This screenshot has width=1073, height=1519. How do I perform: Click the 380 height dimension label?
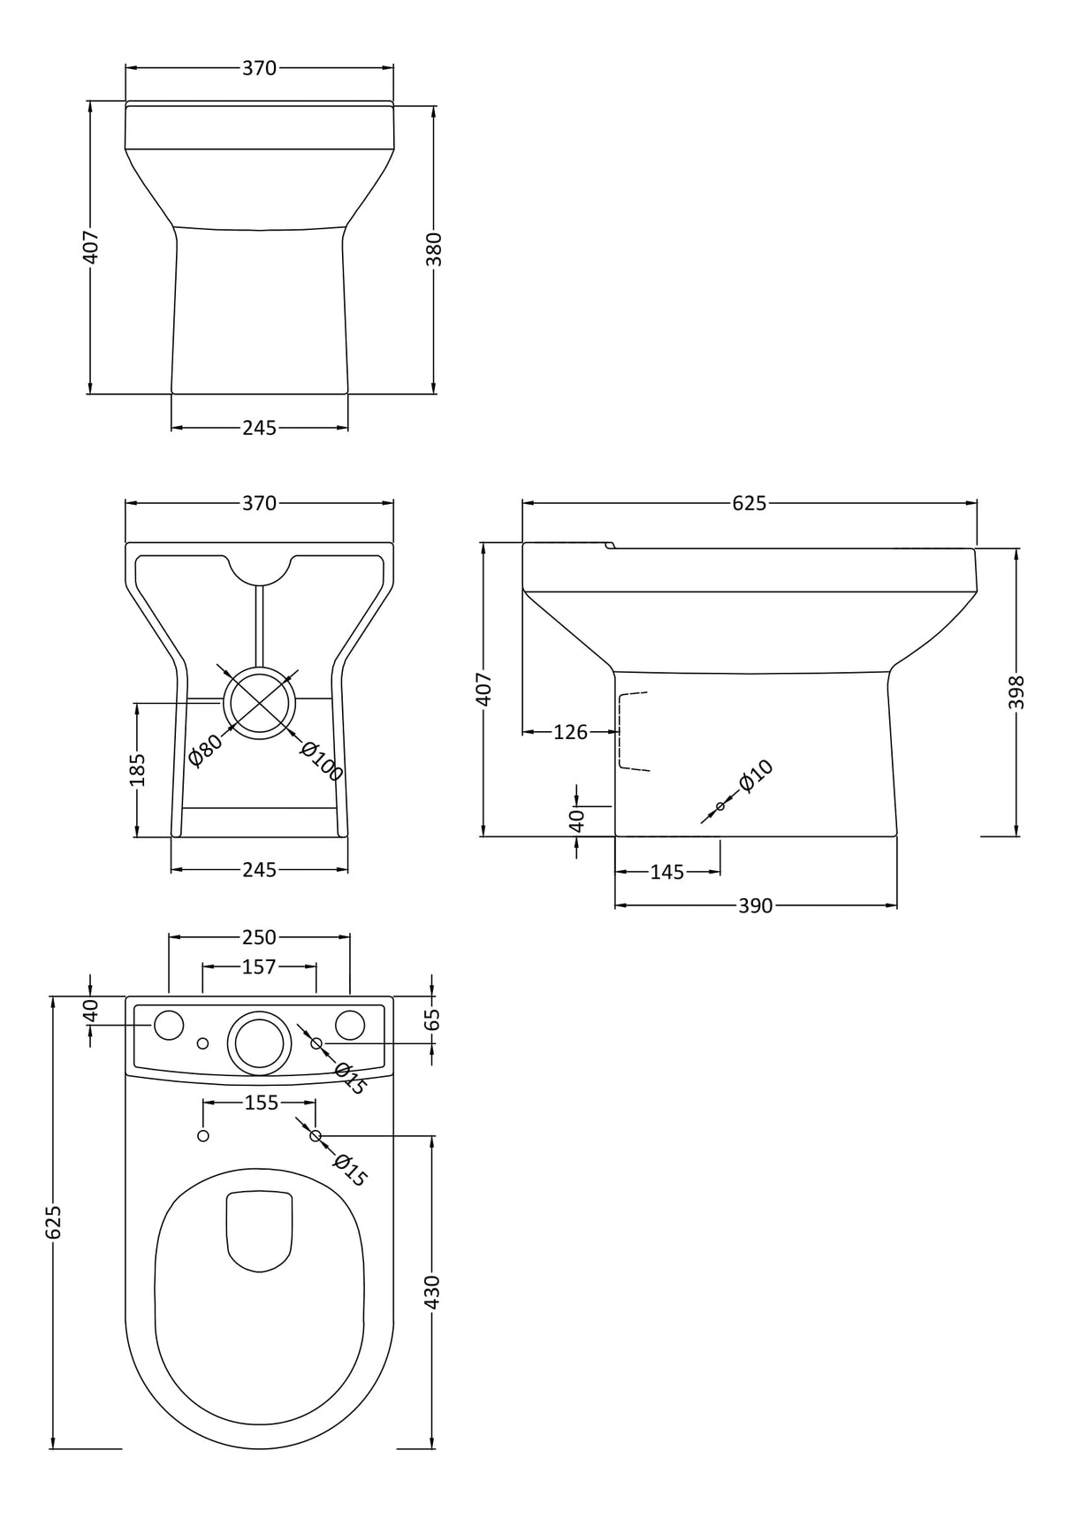(x=433, y=249)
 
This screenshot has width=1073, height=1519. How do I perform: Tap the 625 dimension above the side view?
(x=749, y=503)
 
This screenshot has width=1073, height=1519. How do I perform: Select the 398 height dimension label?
(x=1016, y=692)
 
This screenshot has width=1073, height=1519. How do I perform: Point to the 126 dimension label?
(x=570, y=732)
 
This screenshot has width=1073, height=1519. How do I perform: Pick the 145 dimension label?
(x=666, y=872)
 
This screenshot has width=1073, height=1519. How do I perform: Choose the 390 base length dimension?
(x=755, y=905)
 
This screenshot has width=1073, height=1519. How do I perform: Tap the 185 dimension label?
(x=137, y=769)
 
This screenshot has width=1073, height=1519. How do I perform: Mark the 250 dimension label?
(x=259, y=936)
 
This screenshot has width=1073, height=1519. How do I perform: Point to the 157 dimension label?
(x=259, y=967)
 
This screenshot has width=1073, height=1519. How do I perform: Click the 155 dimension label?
(x=261, y=1103)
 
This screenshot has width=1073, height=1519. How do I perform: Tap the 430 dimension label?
(x=432, y=1292)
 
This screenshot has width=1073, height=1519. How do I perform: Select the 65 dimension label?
(x=432, y=1019)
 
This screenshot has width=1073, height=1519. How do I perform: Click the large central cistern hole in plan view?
(x=259, y=1042)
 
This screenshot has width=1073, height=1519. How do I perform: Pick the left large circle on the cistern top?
(x=168, y=1025)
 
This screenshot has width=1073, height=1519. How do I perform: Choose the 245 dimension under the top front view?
(x=259, y=428)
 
